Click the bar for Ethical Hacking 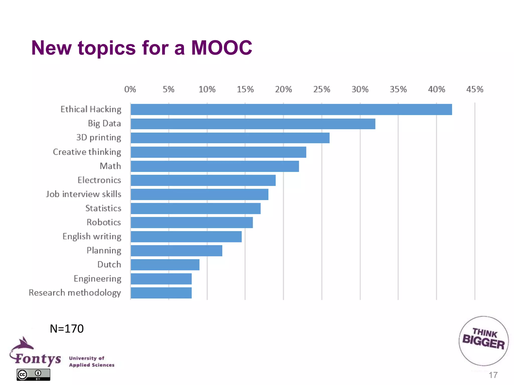291,110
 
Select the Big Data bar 253,124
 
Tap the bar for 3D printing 230,138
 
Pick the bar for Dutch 165,265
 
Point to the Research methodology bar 161,293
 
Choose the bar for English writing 186,237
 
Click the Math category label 110,166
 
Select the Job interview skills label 84,194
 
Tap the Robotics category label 104,222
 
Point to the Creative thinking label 87,152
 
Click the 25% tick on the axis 322,89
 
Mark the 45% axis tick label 475,89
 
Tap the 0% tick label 130,89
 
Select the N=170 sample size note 67,329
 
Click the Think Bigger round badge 483,341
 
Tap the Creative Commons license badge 33,374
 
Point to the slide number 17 493,375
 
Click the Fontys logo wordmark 38,358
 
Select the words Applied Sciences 92,365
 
